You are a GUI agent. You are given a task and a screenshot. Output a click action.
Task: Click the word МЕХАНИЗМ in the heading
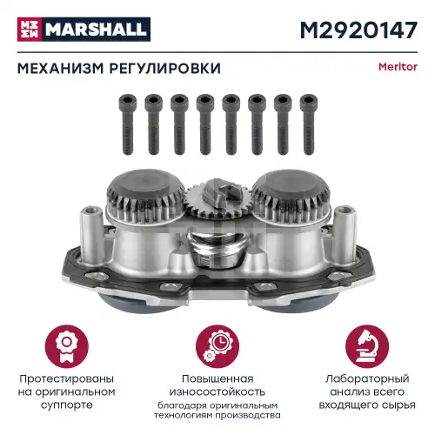(x=60, y=68)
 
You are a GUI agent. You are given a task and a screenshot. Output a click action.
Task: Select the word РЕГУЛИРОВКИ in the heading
(x=164, y=68)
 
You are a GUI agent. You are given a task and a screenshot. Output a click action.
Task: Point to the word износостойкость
(x=217, y=393)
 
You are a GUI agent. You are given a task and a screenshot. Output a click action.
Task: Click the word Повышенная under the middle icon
(x=217, y=379)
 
